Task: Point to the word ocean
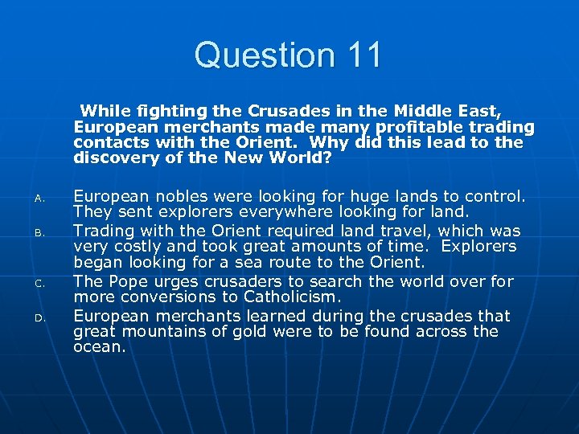click(x=99, y=348)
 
